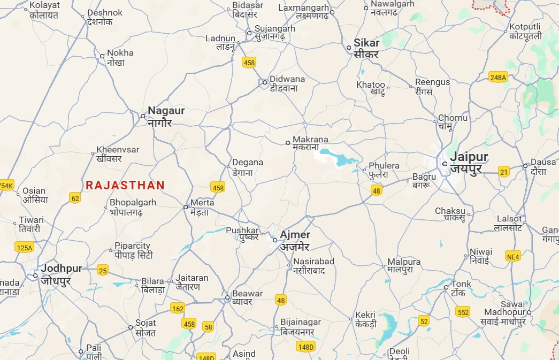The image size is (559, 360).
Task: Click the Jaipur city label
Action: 469,163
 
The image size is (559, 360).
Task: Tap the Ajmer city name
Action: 295,240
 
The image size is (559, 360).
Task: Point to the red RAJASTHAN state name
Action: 125,185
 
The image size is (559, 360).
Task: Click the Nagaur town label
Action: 166,116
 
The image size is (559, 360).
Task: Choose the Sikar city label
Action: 366,48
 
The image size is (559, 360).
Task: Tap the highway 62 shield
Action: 75,198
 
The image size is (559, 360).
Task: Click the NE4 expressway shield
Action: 513,257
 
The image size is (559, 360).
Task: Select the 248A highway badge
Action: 498,78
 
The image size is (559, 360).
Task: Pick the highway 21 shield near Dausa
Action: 503,172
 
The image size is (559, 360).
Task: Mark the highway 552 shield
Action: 463,311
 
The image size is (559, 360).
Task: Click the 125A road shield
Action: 24,247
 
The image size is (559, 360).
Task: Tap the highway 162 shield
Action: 178,308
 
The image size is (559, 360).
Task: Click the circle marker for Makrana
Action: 288,143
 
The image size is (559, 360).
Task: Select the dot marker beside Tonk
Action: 446,288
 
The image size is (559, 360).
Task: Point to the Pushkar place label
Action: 242,233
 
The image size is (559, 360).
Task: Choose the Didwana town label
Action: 287,83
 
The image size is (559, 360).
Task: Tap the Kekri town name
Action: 365,319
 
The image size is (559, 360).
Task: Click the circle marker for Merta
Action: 186,206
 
